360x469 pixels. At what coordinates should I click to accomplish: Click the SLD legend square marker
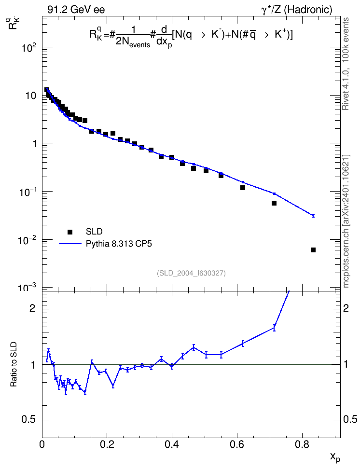coord(70,232)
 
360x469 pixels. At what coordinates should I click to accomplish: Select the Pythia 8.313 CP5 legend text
coord(119,244)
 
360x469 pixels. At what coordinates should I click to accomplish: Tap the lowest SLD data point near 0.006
coord(313,250)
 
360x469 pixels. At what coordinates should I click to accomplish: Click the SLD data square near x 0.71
coord(274,203)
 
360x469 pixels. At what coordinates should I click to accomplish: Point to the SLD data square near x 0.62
coord(243,188)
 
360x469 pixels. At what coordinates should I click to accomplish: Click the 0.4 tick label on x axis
coord(172,444)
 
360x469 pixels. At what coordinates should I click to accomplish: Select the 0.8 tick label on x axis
coord(302,444)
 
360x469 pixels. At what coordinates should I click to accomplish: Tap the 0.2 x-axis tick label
coord(107,444)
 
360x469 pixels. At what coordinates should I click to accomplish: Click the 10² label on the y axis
coord(29,47)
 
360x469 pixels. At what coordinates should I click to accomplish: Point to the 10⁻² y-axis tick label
coord(28,240)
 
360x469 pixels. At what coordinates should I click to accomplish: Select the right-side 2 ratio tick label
coord(346,308)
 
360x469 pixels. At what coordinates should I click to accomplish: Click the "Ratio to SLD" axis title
coord(14,364)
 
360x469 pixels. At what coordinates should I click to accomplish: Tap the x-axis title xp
coord(335,457)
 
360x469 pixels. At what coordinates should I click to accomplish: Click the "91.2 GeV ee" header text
coord(76,10)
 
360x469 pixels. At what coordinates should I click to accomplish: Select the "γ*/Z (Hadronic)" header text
coord(297,10)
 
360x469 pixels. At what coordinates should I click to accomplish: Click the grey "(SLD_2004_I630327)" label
coord(191,273)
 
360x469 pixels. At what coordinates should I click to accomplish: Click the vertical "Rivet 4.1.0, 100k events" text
coord(346,64)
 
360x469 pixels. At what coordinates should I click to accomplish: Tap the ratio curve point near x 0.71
coord(274,328)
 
